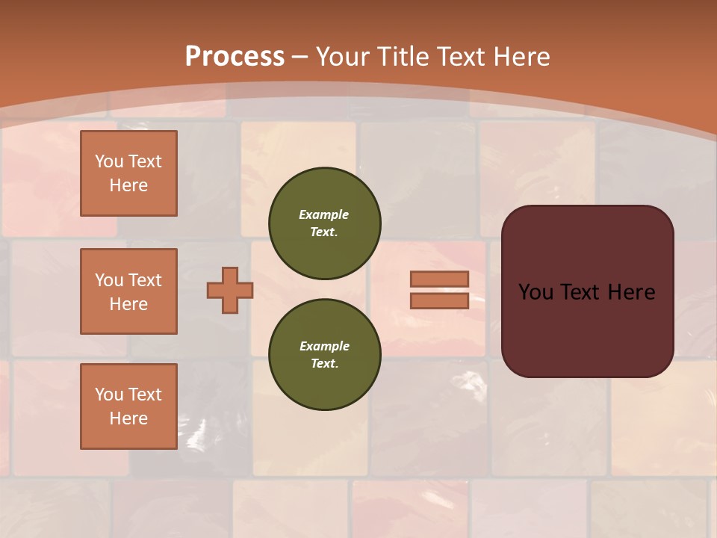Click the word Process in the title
pyautogui.click(x=235, y=57)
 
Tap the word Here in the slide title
pyautogui.click(x=521, y=57)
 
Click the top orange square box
pyautogui.click(x=128, y=173)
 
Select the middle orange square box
pyautogui.click(x=128, y=291)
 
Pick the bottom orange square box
pyautogui.click(x=128, y=406)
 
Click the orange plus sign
pyautogui.click(x=230, y=290)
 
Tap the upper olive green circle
pyautogui.click(x=325, y=223)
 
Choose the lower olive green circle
pyautogui.click(x=325, y=354)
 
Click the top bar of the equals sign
pyautogui.click(x=439, y=279)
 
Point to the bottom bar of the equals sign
pyautogui.click(x=439, y=300)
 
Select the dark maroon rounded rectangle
pyautogui.click(x=587, y=291)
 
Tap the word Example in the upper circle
pyautogui.click(x=323, y=214)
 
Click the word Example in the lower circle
pyautogui.click(x=324, y=346)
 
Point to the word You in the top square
pyautogui.click(x=108, y=161)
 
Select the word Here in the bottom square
pyautogui.click(x=128, y=418)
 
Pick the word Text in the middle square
pyautogui.click(x=146, y=280)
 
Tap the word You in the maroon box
pyautogui.click(x=536, y=292)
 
